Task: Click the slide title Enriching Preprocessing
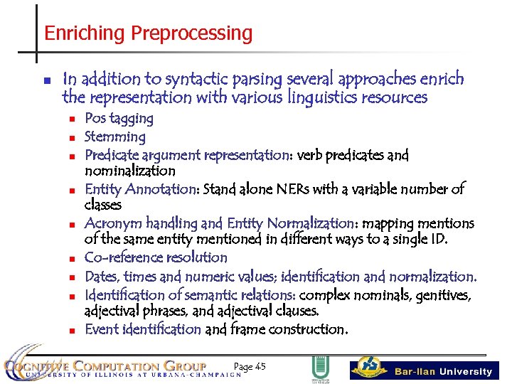click(148, 33)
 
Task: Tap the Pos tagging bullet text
click(119, 119)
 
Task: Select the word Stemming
click(114, 137)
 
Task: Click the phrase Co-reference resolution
click(156, 257)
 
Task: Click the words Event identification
click(142, 329)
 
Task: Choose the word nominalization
click(129, 171)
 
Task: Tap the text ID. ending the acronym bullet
click(439, 240)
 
